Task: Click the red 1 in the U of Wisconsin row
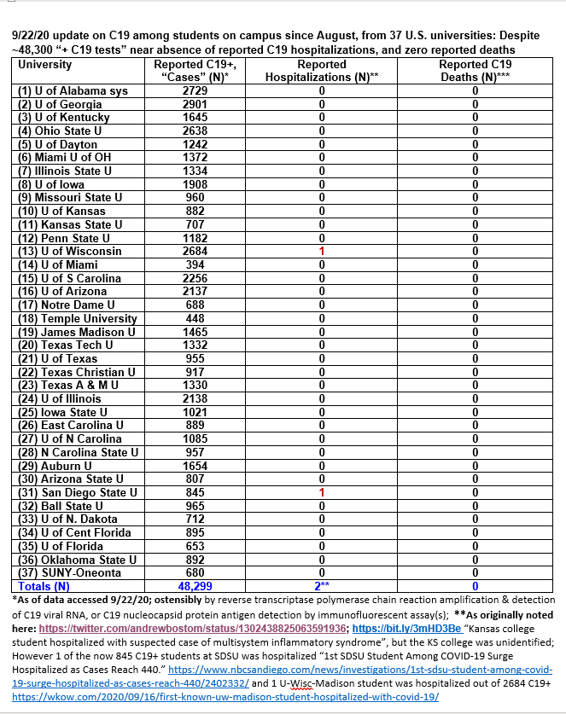click(x=322, y=252)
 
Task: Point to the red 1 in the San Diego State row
click(x=322, y=492)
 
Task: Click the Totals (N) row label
click(x=44, y=587)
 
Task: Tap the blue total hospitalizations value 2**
click(x=322, y=587)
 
